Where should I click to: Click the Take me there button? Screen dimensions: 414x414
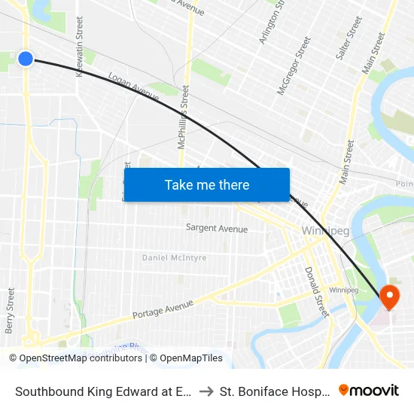pyautogui.click(x=207, y=184)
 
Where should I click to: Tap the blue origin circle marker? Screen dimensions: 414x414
pyautogui.click(x=26, y=58)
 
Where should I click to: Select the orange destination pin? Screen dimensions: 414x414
pyautogui.click(x=390, y=297)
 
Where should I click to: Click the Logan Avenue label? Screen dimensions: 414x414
pyautogui.click(x=134, y=87)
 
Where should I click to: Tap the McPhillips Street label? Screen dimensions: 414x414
pyautogui.click(x=184, y=117)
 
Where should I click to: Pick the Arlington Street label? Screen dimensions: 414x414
pyautogui.click(x=271, y=23)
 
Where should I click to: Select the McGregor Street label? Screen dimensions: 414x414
pyautogui.click(x=294, y=66)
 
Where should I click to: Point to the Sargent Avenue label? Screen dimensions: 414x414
pyautogui.click(x=217, y=228)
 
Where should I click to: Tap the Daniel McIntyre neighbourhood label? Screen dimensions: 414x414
pyautogui.click(x=174, y=258)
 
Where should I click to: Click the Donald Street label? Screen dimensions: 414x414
pyautogui.click(x=317, y=292)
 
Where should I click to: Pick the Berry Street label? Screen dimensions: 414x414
pyautogui.click(x=10, y=310)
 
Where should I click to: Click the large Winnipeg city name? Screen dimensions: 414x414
pyautogui.click(x=325, y=231)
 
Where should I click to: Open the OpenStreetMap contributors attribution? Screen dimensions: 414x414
pyautogui.click(x=77, y=358)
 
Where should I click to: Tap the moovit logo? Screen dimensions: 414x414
pyautogui.click(x=369, y=391)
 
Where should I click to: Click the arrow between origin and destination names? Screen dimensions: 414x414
pyautogui.click(x=206, y=391)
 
